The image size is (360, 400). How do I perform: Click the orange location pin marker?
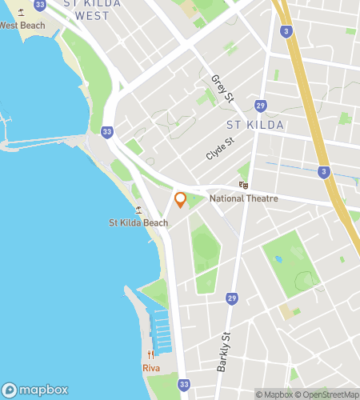181,199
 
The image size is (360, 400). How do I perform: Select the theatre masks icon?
244,185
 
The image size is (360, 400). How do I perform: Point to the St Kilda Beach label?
138,222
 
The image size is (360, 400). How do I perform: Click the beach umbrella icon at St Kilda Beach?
138,210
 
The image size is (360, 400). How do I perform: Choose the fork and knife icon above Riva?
150,355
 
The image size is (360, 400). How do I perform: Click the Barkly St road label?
223,352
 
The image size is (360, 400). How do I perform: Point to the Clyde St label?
218,149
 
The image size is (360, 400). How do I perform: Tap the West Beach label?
21,26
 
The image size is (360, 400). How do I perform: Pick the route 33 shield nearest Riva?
184,385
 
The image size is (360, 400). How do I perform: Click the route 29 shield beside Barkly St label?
231,298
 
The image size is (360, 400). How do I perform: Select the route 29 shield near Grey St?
260,106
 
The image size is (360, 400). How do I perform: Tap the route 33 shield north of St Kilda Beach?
107,131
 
